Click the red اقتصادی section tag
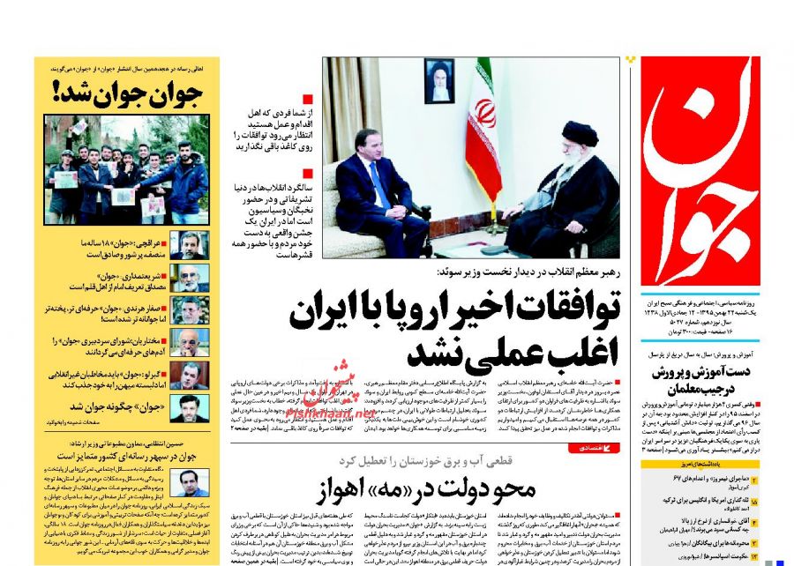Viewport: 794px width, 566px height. [599, 448]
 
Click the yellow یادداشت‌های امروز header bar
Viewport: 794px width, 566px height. [684, 465]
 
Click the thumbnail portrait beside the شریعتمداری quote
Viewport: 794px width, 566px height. [189, 279]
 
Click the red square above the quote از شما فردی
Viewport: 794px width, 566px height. [307, 100]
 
